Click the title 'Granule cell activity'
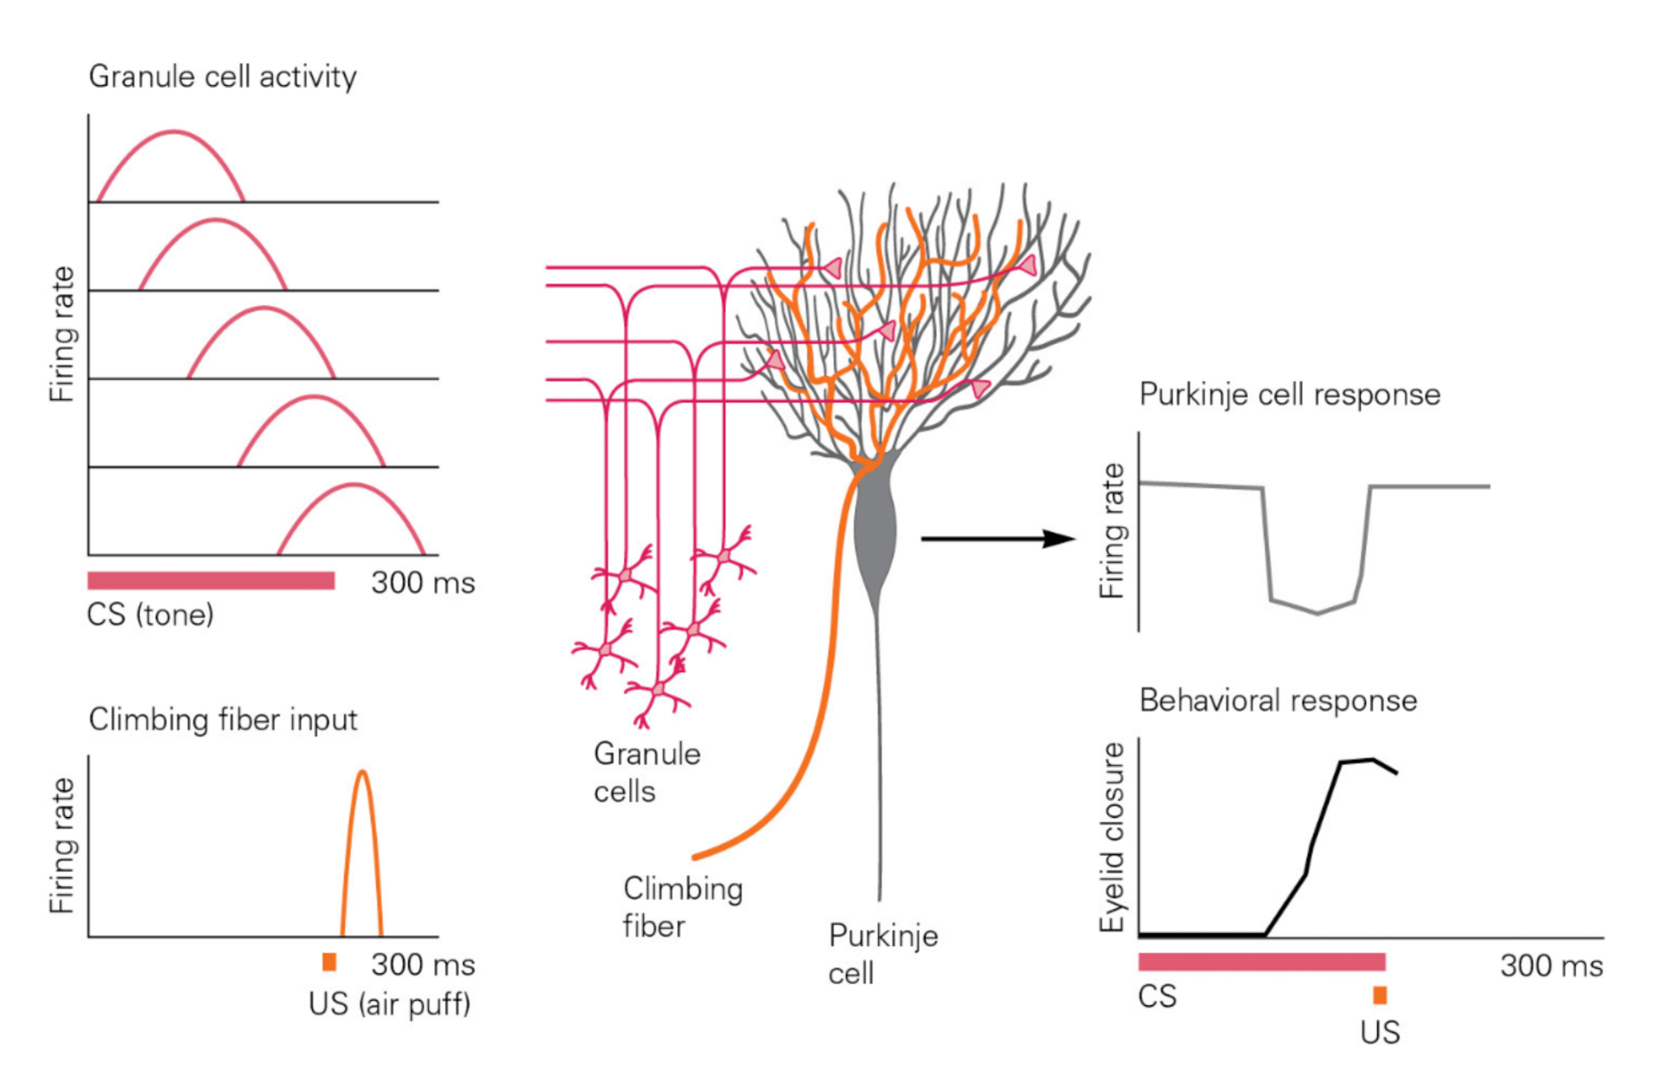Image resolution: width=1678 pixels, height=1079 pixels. (222, 76)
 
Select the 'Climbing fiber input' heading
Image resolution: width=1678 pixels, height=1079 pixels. (223, 720)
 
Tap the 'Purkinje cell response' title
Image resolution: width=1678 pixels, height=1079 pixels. (1289, 395)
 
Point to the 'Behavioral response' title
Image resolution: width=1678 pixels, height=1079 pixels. (1278, 701)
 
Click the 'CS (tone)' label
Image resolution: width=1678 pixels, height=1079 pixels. (150, 615)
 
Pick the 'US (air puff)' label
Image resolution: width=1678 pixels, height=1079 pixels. (389, 1004)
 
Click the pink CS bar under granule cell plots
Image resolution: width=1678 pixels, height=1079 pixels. (211, 580)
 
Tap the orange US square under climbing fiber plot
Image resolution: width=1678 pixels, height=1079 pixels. (329, 962)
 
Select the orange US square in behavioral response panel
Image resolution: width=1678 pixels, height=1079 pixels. (1379, 995)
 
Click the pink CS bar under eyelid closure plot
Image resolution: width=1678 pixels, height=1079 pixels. (1261, 961)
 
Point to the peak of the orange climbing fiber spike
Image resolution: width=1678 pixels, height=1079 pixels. (362, 772)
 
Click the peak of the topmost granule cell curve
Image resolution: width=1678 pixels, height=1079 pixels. (174, 132)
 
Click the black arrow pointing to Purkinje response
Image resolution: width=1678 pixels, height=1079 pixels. (997, 539)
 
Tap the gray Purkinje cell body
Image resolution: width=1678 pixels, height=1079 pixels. (875, 529)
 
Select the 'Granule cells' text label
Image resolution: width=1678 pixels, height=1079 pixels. (647, 772)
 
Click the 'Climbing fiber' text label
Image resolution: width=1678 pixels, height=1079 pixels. (682, 907)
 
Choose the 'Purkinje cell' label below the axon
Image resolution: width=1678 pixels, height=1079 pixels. (882, 954)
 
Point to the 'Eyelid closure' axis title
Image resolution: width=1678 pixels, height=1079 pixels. (1111, 837)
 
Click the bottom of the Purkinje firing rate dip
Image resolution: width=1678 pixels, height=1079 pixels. (1317, 613)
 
